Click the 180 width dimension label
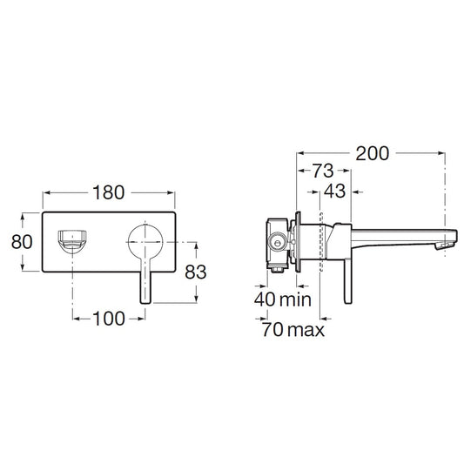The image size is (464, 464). pos(108,192)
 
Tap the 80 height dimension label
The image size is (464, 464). pos(22,242)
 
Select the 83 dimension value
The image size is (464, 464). pos(195,272)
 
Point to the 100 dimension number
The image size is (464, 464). pos(109,319)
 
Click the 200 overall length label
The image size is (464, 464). pos(372,153)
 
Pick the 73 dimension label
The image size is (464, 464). pos(323,171)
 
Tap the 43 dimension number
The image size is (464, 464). pos(334,192)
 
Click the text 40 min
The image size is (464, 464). pos(283,299)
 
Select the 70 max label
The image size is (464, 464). pos(293,329)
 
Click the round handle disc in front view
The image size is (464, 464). pos(145,242)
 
